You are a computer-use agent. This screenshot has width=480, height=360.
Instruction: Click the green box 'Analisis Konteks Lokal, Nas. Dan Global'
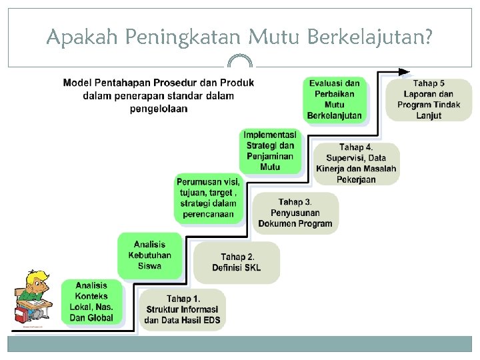pos(91,302)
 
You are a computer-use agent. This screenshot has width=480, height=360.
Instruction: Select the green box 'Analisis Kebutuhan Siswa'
pos(149,255)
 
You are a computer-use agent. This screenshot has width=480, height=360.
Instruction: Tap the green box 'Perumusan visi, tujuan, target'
pos(208,198)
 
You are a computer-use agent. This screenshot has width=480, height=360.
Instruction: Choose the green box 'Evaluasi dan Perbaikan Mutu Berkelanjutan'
pos(335,99)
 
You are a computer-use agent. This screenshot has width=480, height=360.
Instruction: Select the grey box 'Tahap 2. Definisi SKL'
pos(237,262)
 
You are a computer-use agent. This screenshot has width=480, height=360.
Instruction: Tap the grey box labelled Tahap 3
pos(295,213)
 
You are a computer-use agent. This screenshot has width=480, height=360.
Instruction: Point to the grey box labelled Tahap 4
pos(356,163)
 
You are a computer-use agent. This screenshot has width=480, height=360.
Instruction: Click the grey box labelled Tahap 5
pos(429,99)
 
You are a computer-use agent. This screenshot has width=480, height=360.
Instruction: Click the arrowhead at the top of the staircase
pos(404,71)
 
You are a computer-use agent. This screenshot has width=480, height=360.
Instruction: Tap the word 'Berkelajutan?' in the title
pos(370,38)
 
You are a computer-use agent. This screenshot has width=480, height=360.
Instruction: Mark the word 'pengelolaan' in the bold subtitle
pos(159,109)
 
